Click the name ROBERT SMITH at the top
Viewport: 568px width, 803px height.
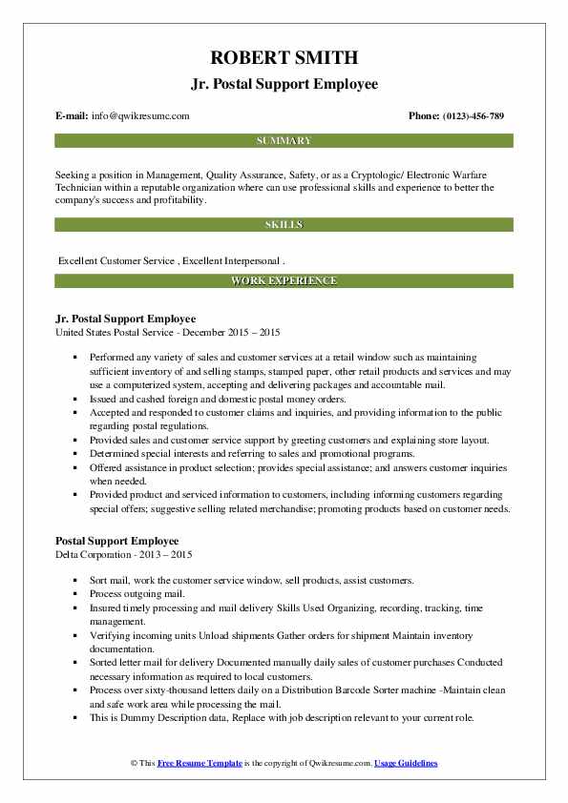[x=284, y=57]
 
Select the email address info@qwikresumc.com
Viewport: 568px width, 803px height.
[x=141, y=115]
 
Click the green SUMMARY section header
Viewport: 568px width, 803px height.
[x=284, y=141]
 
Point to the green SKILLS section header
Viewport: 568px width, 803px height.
[x=284, y=224]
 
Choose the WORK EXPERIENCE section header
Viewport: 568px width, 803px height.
[x=284, y=281]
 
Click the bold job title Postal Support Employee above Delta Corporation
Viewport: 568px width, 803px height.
[x=116, y=541]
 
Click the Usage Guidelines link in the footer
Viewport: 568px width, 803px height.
[x=406, y=764]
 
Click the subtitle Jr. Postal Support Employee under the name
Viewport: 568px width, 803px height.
[x=284, y=83]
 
